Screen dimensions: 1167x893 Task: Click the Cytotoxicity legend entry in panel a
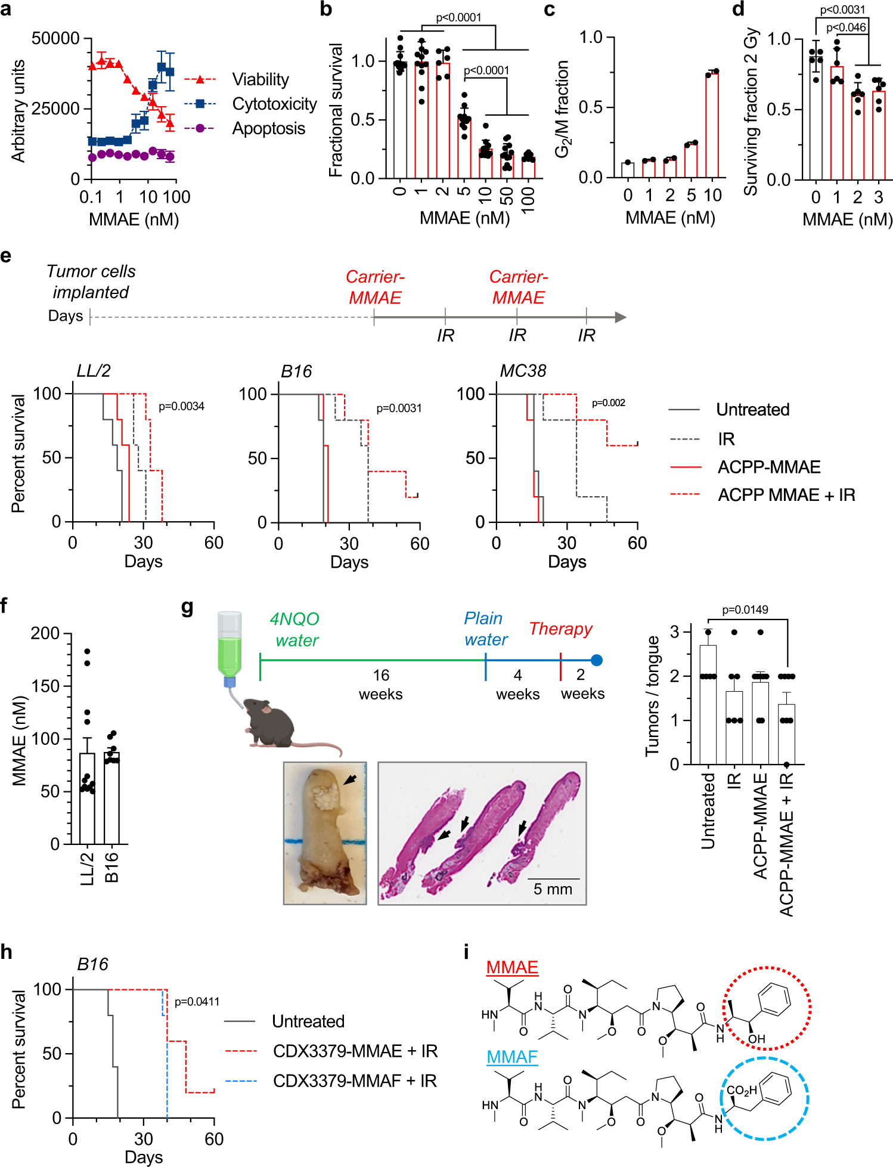[274, 104]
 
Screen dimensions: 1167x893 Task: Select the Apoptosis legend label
[268, 128]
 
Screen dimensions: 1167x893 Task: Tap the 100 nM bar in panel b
[528, 168]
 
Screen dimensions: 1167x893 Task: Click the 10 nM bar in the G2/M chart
[712, 125]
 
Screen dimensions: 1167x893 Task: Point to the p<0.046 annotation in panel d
[845, 27]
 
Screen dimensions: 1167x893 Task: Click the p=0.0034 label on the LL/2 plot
[181, 407]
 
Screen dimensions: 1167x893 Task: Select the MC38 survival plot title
[523, 371]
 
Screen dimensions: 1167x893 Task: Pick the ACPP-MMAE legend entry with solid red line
[768, 467]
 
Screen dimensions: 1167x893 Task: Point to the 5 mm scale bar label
[553, 889]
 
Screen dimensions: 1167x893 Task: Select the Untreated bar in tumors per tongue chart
[708, 704]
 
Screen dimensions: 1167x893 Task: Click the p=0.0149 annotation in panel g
[745, 610]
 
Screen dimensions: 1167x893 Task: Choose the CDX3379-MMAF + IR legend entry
[354, 1081]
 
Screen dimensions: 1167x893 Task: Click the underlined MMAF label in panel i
[511, 1057]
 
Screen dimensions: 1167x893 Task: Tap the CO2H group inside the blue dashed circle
[741, 1091]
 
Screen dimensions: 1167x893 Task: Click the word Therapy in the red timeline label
[560, 629]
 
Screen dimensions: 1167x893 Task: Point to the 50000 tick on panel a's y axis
[55, 39]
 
